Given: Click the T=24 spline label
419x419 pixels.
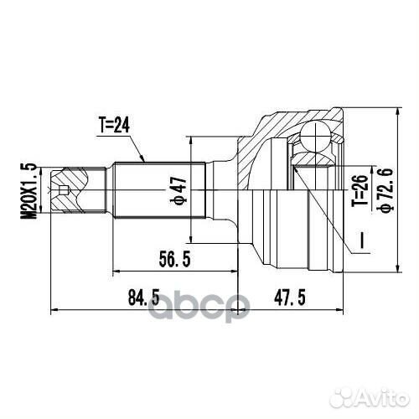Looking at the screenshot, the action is (x=114, y=125).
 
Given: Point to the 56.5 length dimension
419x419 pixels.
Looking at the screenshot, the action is (x=174, y=259).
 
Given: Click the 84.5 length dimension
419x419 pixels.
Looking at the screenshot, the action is (x=143, y=297).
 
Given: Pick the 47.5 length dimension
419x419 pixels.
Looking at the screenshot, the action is (x=290, y=297).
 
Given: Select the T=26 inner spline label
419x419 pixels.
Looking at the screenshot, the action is (x=360, y=191).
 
